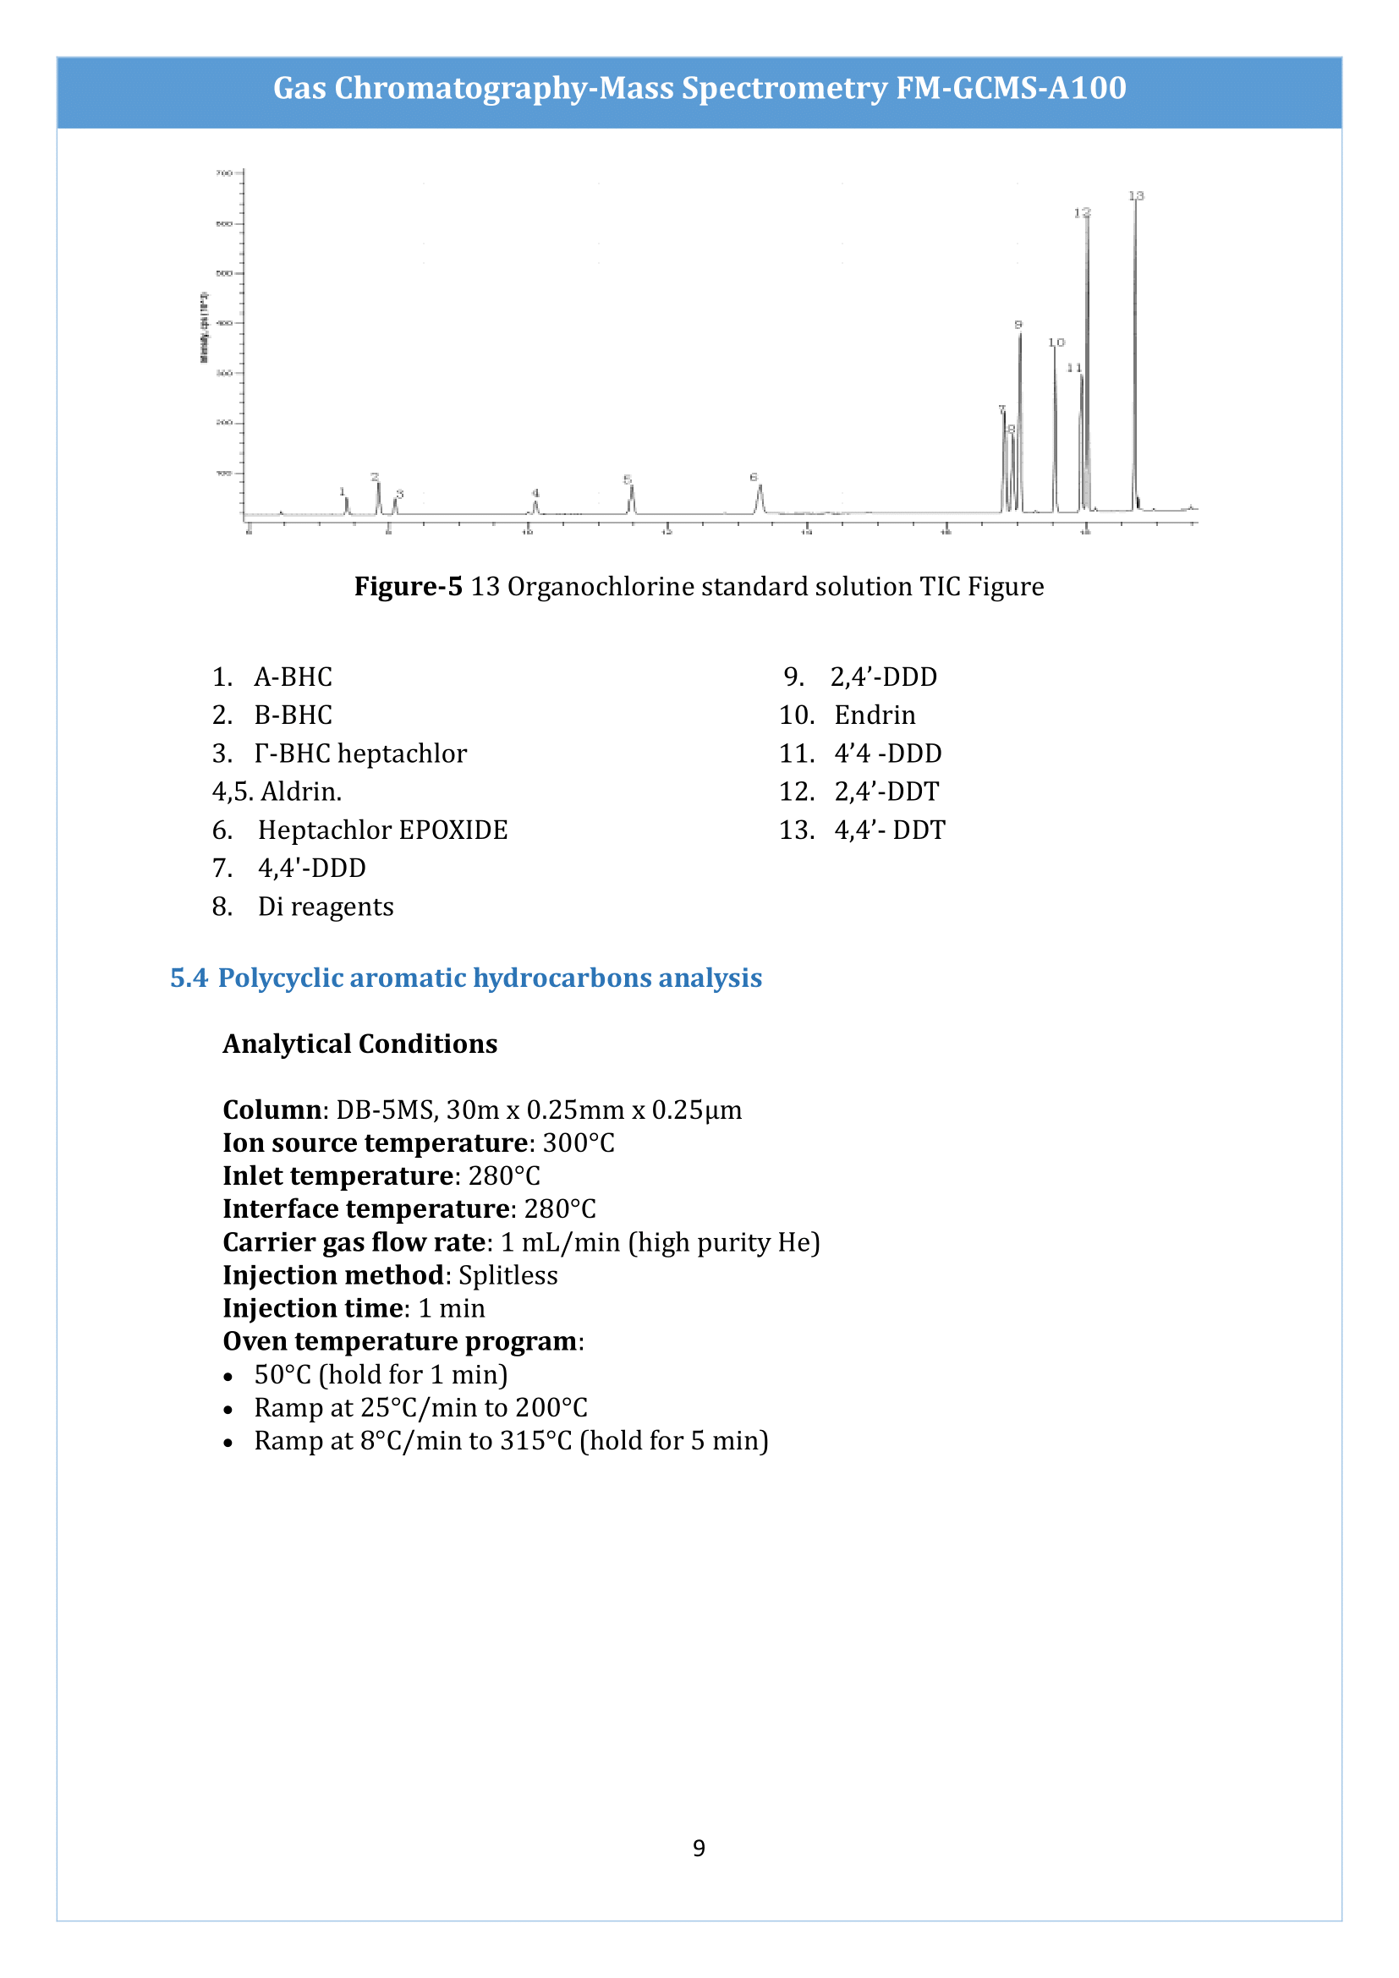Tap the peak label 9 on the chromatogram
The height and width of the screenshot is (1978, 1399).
click(x=1018, y=325)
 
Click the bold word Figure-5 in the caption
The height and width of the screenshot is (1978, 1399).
click(x=409, y=587)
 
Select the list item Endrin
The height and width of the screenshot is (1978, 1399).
click(x=875, y=715)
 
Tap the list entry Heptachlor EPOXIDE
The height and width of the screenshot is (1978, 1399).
click(x=382, y=830)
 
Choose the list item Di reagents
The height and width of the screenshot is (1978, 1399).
click(x=326, y=907)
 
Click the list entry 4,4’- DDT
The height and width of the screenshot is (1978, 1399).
click(x=890, y=830)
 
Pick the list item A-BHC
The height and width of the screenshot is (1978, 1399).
click(x=293, y=677)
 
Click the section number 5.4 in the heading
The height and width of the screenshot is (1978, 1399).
click(x=189, y=978)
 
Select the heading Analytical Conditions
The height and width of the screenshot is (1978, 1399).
click(x=360, y=1044)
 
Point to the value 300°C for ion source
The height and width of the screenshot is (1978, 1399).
click(x=579, y=1143)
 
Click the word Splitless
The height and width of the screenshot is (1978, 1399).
click(x=508, y=1275)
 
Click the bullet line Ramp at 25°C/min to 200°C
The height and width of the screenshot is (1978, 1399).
click(x=420, y=1408)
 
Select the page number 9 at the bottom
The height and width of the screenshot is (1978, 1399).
click(x=699, y=1848)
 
